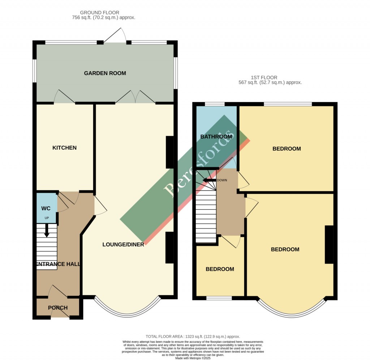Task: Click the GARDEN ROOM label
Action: (105, 73)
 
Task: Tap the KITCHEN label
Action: (64, 148)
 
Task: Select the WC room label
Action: (46, 208)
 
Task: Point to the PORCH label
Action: (58, 308)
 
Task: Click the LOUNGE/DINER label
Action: (123, 244)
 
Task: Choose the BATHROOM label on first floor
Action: (216, 136)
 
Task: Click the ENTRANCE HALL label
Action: (58, 264)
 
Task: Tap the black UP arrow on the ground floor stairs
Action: (47, 230)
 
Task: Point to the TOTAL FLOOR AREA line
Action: (193, 336)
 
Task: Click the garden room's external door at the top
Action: (115, 36)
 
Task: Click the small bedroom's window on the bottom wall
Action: (219, 298)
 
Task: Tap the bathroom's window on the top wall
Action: (215, 104)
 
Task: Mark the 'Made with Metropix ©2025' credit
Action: (193, 358)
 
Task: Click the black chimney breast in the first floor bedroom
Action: (328, 244)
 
